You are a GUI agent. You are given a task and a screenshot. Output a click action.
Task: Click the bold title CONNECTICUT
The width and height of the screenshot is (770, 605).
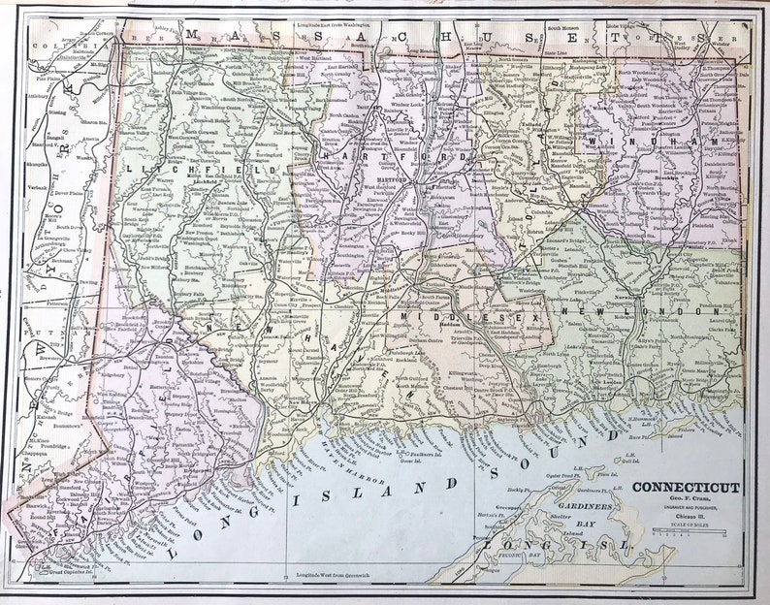[686, 488]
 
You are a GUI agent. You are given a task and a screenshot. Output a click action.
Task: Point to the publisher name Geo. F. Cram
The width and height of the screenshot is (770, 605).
[686, 502]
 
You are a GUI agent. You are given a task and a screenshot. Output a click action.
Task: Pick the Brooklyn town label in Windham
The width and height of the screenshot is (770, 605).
[666, 179]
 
